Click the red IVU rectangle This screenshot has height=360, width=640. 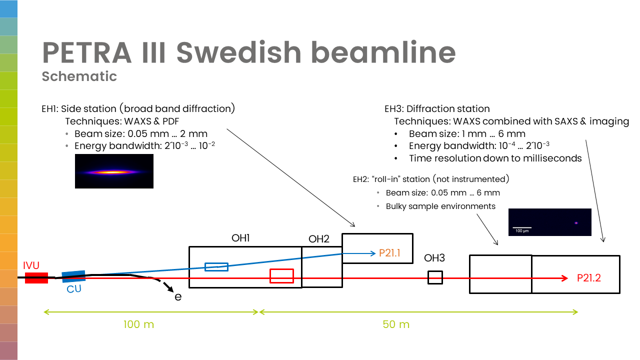point(36,278)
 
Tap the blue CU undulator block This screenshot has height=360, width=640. point(73,275)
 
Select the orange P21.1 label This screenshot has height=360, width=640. point(390,253)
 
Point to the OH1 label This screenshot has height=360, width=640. point(240,238)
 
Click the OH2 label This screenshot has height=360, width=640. point(318,239)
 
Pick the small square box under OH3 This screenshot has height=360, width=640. point(435,277)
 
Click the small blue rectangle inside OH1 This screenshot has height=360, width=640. point(216,267)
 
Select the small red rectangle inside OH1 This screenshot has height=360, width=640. point(281,276)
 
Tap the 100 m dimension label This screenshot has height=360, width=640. point(138,324)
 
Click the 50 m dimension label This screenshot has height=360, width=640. point(396,324)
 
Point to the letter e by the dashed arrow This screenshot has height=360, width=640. point(177,297)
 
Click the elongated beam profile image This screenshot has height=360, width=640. point(114,171)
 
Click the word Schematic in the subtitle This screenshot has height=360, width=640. point(79,76)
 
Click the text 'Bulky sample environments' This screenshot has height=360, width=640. point(440,206)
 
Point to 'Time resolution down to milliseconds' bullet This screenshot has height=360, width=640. point(495,158)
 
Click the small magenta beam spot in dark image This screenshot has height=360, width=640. point(576,223)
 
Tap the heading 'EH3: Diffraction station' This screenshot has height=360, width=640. point(436,109)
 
